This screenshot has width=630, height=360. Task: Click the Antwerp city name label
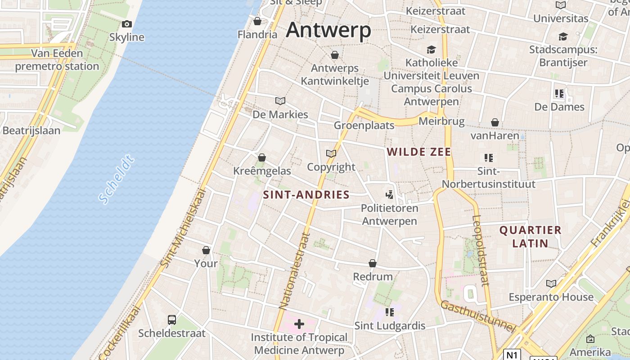(x=328, y=30)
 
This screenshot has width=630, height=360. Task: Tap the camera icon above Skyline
(x=127, y=24)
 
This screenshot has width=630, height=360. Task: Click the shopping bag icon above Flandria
(x=257, y=21)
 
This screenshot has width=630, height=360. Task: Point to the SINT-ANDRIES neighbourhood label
(x=306, y=194)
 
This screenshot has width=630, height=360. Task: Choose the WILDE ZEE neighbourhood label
(x=418, y=152)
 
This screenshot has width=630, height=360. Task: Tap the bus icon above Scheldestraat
(x=172, y=319)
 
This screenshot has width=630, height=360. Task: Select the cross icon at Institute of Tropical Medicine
(x=299, y=324)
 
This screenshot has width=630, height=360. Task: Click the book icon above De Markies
(x=280, y=101)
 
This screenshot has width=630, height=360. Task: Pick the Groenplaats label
(x=364, y=125)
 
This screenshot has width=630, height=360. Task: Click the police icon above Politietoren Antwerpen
(x=390, y=195)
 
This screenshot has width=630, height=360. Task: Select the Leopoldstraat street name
(x=480, y=250)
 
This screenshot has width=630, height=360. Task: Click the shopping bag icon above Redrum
(x=373, y=263)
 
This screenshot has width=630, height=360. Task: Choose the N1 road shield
(x=512, y=355)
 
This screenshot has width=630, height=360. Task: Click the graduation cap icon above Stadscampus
(x=563, y=36)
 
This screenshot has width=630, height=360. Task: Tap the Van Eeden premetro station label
(x=57, y=60)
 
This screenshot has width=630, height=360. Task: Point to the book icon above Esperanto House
(x=551, y=283)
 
